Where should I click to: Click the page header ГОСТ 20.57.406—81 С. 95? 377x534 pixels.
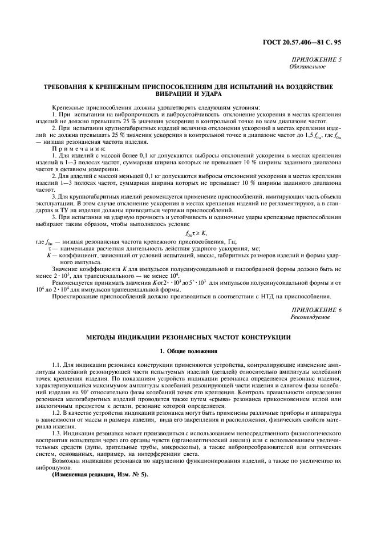(x=309, y=42)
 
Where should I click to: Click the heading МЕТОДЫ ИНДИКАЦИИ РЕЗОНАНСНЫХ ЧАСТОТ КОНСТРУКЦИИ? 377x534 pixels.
(x=188, y=337)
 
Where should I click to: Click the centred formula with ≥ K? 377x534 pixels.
(x=188, y=233)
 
